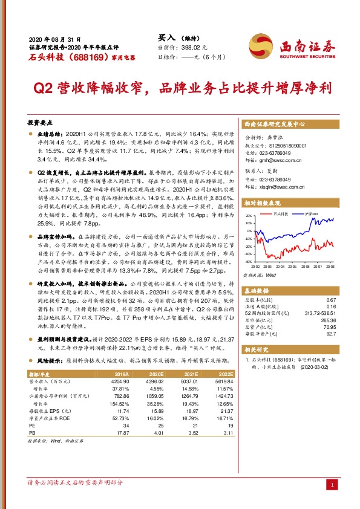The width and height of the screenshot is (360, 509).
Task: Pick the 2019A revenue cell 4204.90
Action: [x=121, y=382]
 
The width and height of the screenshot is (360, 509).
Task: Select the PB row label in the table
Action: [x=33, y=433]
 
